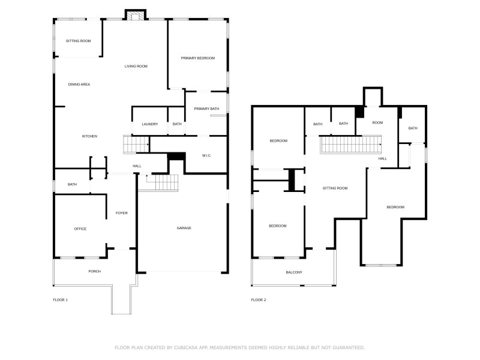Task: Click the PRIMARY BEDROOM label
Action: click(198, 58)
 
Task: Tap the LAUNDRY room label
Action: click(149, 124)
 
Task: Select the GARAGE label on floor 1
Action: click(184, 228)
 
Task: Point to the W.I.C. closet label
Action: click(206, 155)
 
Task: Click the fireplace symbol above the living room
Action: click(136, 16)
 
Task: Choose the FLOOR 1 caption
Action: click(61, 300)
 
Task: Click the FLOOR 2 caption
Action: click(259, 300)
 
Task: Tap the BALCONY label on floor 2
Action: click(294, 272)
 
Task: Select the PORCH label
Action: click(95, 272)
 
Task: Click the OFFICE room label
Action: click(80, 229)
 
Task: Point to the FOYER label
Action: click(122, 213)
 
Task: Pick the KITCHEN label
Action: click(89, 136)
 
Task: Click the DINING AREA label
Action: click(79, 85)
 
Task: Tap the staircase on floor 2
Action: click(351, 145)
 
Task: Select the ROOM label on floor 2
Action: click(377, 123)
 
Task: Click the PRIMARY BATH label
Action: click(206, 109)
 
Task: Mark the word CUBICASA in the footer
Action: click(186, 348)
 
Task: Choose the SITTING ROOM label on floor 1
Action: click(79, 41)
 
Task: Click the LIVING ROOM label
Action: click(136, 67)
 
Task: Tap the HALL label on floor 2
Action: click(383, 158)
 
